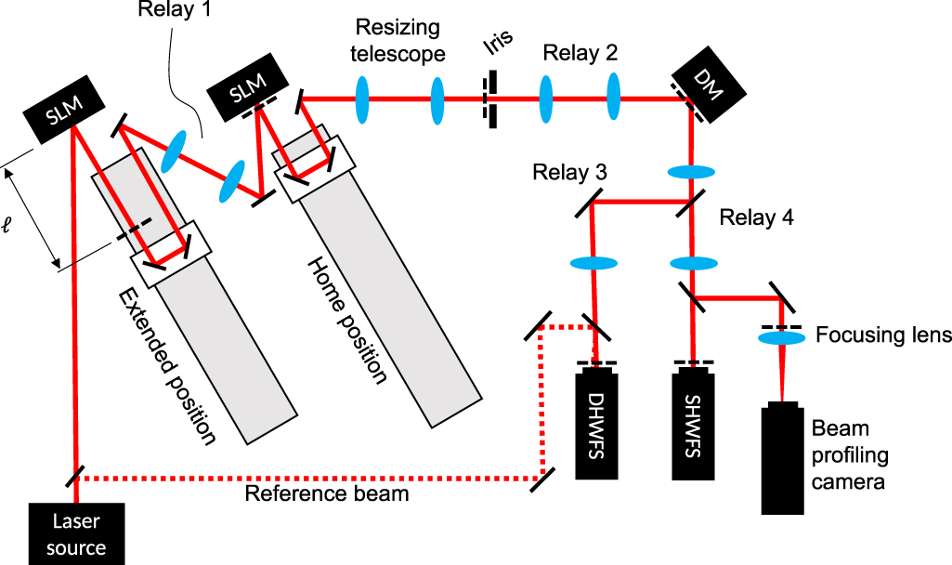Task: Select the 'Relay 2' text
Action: (580, 54)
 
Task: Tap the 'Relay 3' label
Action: (570, 173)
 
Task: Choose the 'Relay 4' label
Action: (757, 218)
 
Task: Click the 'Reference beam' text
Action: (326, 493)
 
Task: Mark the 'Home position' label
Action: (346, 321)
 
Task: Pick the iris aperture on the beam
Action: (489, 97)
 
